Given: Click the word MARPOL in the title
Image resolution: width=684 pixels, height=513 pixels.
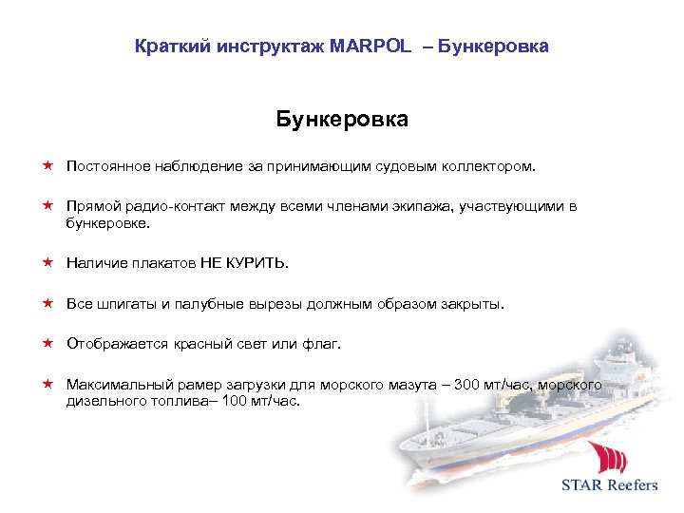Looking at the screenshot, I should [370, 46].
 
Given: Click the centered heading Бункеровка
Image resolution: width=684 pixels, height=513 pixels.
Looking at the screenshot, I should [342, 120].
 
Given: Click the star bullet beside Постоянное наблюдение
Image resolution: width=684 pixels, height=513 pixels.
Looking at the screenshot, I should [46, 166].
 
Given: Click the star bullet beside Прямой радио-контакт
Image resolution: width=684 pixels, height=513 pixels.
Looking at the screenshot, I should [46, 206].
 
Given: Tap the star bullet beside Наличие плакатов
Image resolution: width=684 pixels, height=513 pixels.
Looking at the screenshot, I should [46, 262].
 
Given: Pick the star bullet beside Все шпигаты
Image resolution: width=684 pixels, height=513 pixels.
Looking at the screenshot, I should [46, 304].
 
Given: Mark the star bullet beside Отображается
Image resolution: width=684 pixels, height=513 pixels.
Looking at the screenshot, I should [46, 343].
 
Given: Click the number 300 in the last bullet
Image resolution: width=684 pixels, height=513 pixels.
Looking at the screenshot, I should [468, 385].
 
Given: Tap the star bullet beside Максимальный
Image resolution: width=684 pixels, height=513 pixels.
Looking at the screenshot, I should [46, 385].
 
